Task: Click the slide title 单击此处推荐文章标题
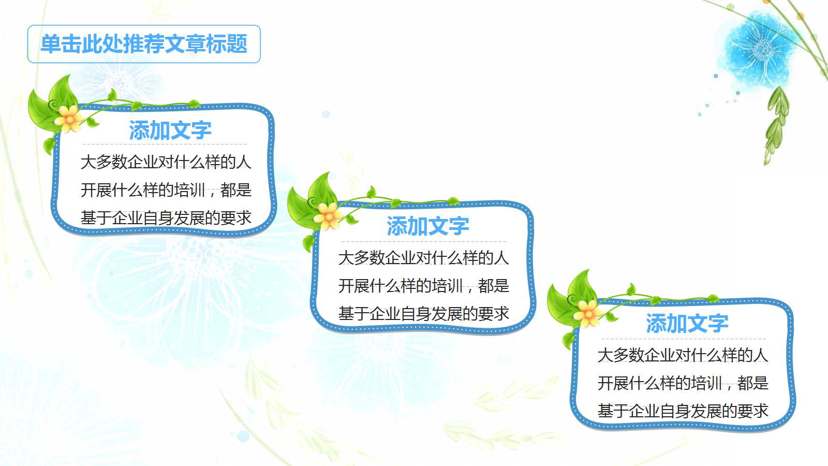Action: pos(144,44)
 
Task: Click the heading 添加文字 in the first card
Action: pos(170,130)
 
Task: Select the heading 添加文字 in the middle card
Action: pos(427,226)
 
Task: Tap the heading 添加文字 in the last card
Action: pos(687,324)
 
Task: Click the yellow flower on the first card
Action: pos(69,119)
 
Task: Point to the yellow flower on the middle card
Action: pos(328,215)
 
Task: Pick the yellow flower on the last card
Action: pos(587,313)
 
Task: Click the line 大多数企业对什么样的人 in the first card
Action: pos(166,162)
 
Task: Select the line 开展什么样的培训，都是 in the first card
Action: pos(166,190)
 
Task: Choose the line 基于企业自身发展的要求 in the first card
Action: pos(166,218)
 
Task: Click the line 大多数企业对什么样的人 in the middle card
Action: pos(423,258)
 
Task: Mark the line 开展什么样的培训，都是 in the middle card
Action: pos(423,286)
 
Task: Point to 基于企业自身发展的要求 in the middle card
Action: pos(423,314)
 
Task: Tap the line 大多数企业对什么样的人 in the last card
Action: pos(683,355)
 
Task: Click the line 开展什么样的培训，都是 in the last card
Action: pos(683,383)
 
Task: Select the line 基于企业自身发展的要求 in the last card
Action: pos(683,411)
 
